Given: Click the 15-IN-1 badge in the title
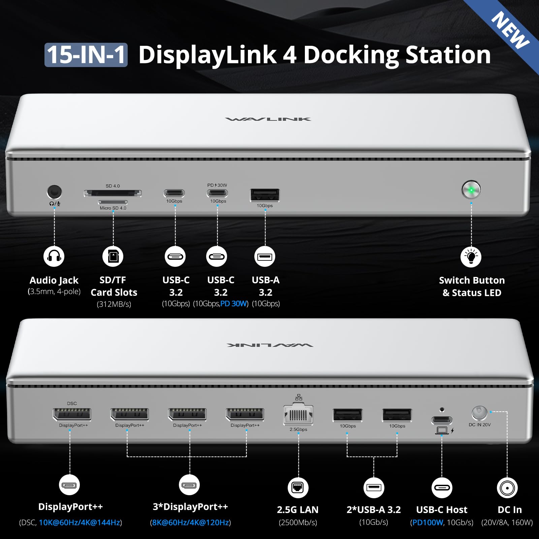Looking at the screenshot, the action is tap(86, 55).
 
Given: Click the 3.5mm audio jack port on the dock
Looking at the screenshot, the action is tap(54, 192).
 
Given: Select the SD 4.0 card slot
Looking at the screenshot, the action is tap(113, 193).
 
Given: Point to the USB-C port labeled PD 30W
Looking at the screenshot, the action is tap(217, 193).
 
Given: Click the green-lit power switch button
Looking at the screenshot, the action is tap(471, 190).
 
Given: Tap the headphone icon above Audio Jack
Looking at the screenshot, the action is tap(54, 256).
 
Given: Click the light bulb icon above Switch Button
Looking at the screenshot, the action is tap(471, 257).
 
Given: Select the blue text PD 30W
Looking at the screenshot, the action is tap(234, 304).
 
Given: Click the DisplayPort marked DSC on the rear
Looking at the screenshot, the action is tap(72, 414).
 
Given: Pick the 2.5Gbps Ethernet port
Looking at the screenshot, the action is tap(298, 415).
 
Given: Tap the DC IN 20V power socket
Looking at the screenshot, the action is tap(479, 412).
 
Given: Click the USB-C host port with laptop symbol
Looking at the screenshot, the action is tap(442, 420).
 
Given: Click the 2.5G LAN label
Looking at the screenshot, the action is tap(297, 510).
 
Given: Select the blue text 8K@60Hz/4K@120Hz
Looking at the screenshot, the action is tap(190, 522).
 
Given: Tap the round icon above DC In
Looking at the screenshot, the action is tap(507, 487).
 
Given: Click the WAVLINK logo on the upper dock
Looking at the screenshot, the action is tap(268, 119).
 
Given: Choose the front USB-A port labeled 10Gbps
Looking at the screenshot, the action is tap(265, 195).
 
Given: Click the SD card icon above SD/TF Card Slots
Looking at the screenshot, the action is tap(113, 256).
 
